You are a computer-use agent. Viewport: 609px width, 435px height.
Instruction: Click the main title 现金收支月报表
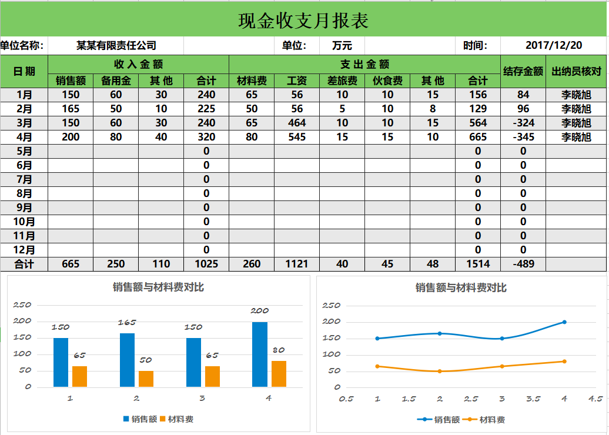(303, 21)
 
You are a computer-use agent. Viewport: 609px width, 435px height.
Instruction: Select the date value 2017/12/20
(554, 45)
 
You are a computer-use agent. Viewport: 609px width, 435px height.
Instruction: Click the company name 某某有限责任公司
(116, 45)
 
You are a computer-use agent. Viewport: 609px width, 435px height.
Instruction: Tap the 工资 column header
(297, 81)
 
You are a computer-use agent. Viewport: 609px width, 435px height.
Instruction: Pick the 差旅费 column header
(342, 81)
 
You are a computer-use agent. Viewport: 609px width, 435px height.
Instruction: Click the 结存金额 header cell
(523, 71)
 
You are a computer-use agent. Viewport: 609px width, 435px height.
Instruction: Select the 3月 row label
(24, 123)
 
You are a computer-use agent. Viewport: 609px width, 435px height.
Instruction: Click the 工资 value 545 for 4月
(297, 137)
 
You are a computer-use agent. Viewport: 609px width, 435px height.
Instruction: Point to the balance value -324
(523, 123)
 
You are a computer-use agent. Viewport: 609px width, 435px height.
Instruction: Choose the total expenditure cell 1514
(478, 264)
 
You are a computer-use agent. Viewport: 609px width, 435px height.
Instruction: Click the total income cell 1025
(206, 264)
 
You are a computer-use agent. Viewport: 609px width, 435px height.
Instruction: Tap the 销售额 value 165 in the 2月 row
(71, 109)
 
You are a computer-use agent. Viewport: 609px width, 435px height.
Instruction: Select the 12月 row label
(24, 250)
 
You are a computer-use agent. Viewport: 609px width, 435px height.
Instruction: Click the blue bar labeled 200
(260, 354)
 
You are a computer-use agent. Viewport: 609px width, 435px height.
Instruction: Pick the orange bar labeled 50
(146, 379)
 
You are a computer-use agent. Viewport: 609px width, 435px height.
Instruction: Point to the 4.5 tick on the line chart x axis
(595, 399)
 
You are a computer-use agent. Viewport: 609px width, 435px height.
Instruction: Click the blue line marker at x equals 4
(564, 322)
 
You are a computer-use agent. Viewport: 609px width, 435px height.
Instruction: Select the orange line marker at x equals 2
(440, 371)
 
